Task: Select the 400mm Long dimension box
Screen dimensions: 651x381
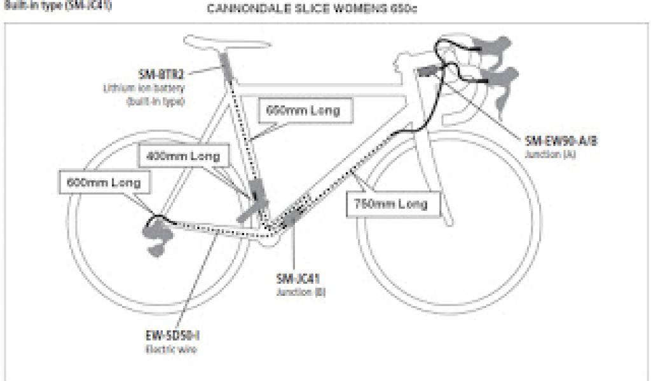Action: (x=182, y=156)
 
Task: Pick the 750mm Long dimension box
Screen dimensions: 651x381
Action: (x=391, y=204)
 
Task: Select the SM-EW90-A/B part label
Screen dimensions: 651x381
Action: (x=561, y=141)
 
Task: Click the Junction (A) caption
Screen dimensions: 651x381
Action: (x=551, y=154)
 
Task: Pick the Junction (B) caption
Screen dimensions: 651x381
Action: (x=292, y=293)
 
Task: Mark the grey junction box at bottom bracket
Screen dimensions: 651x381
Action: (x=291, y=217)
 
